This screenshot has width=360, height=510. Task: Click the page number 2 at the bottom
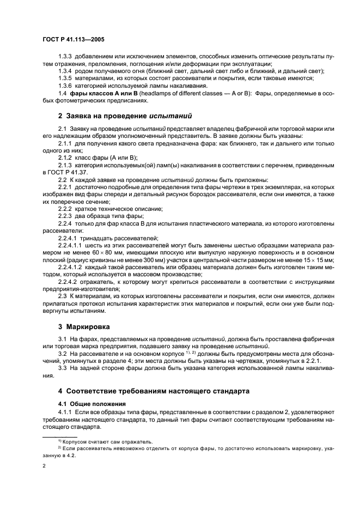(44, 466)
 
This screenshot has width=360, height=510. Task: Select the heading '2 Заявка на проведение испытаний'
(125, 116)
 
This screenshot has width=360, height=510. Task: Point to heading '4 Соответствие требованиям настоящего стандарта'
(154, 391)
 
